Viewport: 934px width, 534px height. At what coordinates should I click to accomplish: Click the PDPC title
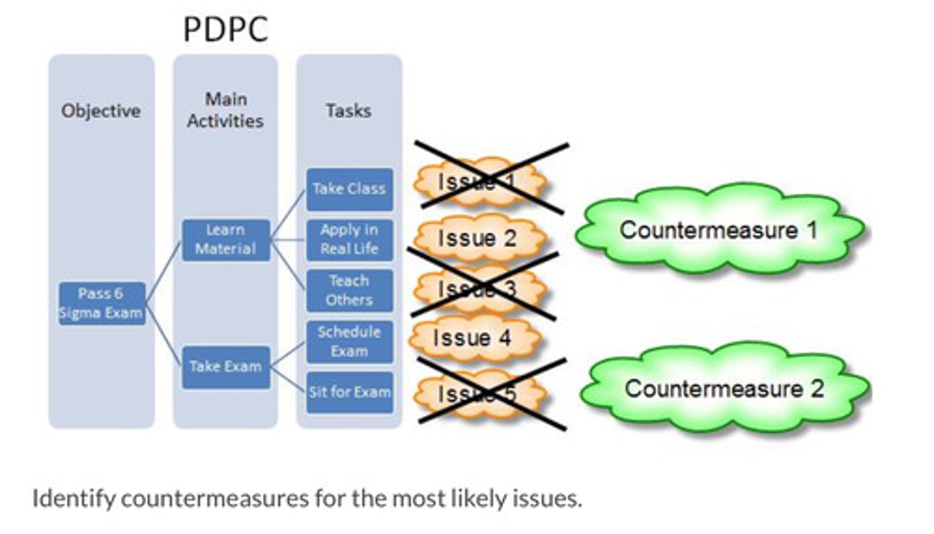[225, 29]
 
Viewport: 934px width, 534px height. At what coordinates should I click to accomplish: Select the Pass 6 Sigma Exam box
[101, 304]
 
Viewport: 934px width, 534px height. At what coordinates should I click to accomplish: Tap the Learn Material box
[226, 240]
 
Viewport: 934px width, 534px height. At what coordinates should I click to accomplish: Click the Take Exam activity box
[226, 367]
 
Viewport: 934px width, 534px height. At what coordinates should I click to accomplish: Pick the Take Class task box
[349, 189]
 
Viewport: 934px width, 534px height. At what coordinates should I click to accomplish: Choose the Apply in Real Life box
[349, 239]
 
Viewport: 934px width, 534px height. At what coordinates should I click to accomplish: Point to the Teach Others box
[349, 290]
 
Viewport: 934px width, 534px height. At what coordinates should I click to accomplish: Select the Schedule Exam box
[349, 341]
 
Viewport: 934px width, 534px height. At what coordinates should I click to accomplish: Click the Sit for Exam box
[349, 392]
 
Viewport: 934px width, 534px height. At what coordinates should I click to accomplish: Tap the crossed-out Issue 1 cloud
[478, 182]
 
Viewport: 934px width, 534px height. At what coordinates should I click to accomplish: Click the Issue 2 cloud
[478, 238]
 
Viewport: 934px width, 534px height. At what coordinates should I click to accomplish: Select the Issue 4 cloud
[473, 338]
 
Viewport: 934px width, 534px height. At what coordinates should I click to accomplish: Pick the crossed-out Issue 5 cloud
[478, 393]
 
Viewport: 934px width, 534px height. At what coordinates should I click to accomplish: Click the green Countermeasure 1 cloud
[719, 230]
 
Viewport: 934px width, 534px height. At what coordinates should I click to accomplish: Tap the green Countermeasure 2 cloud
[724, 388]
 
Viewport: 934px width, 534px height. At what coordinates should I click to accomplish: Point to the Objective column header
[101, 111]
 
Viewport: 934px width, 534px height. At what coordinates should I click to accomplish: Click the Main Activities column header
[226, 110]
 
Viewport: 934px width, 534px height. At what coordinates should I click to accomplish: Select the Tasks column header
[349, 111]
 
